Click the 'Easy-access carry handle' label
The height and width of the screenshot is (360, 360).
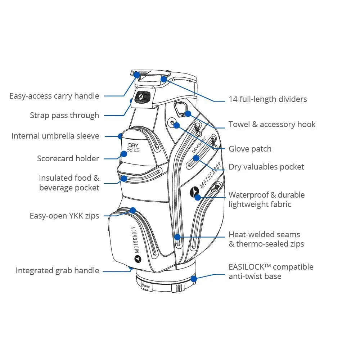[54, 96]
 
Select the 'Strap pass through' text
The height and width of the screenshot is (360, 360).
[64, 116]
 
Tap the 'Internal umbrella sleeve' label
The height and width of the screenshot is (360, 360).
[55, 136]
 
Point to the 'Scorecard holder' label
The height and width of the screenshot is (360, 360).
[68, 158]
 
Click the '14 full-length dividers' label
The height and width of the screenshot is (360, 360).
[268, 99]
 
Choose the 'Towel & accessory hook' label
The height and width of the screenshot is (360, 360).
[272, 125]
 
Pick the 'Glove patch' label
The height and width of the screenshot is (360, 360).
[250, 149]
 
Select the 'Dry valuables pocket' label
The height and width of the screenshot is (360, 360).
[266, 167]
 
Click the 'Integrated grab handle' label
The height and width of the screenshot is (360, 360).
[57, 271]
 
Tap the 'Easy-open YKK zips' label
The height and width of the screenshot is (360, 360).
[64, 216]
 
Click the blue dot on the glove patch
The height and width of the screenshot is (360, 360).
[177, 126]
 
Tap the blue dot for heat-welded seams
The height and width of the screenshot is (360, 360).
[177, 237]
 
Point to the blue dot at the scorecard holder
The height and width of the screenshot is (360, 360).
[124, 154]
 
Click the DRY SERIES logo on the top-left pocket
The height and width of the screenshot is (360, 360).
[134, 148]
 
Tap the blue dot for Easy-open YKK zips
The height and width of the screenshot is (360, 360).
[133, 210]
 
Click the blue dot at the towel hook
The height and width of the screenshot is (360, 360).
[188, 114]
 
